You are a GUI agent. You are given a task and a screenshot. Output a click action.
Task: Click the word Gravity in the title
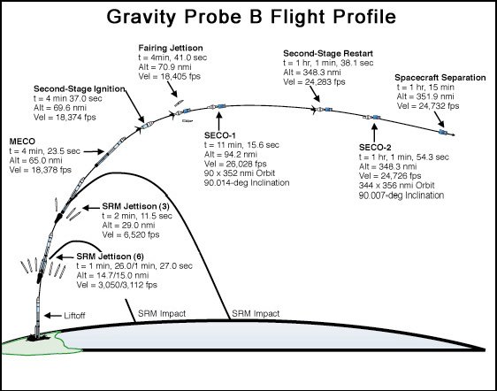pos(141,17)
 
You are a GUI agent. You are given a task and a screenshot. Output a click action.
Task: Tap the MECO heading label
pos(22,142)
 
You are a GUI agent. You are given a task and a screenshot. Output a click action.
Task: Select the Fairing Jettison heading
pos(171,48)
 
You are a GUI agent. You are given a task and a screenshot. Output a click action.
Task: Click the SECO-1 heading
pos(220,135)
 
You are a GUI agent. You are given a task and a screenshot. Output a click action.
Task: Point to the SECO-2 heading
pos(375,148)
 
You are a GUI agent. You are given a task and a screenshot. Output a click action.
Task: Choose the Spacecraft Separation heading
pos(440,78)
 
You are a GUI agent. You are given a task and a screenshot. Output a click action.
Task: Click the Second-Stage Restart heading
pos(328,53)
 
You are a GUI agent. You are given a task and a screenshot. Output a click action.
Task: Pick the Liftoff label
pos(74,316)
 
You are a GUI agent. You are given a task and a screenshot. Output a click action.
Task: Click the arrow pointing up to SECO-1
pos(218,120)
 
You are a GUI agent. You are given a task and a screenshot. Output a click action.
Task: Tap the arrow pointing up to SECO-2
pos(374,133)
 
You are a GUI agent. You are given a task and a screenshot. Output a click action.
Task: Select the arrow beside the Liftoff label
pos(52,316)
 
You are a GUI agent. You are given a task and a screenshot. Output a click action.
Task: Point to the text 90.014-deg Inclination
pos(247,182)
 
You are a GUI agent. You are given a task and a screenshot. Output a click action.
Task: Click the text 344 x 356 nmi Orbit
pos(396,186)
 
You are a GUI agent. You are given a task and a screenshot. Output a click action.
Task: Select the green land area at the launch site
pos(34,344)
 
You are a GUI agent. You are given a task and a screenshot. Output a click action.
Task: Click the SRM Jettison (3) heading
pos(135,206)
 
